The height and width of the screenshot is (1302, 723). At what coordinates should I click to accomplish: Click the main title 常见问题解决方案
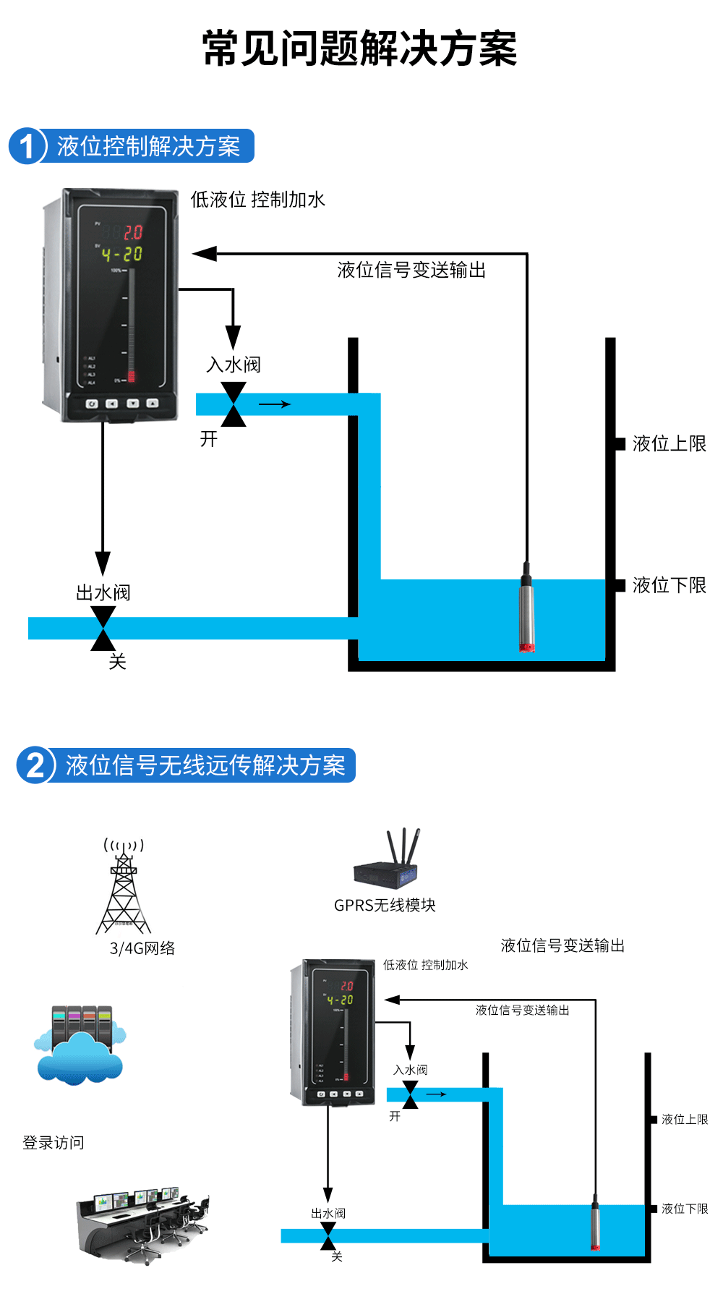coord(359,49)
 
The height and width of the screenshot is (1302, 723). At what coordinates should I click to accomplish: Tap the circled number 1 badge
coord(27,146)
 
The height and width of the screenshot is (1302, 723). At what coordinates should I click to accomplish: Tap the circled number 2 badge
coord(35,765)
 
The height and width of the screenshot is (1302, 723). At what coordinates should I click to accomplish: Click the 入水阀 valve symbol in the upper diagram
coord(233,404)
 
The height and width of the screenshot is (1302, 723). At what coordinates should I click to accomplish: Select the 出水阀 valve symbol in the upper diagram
coord(103,629)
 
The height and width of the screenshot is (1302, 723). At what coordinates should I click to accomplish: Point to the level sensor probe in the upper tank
coord(527,608)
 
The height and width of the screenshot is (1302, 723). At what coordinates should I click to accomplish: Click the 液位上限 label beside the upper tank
coord(669,443)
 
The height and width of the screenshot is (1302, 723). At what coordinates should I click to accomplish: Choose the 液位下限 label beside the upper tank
coord(669,585)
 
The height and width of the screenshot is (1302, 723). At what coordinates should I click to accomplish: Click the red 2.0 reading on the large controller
coord(133,232)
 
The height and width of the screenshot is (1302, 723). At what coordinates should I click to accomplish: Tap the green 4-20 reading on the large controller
coord(122,255)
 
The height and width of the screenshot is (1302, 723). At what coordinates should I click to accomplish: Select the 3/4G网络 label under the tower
coord(142,948)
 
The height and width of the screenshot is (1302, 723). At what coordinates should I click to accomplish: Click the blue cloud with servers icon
coord(80,1045)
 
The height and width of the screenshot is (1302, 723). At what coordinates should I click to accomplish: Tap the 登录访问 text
coord(54,1143)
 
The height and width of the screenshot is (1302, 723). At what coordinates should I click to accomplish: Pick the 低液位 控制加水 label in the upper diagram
coord(257,200)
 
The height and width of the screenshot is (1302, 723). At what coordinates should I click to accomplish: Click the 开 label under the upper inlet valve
coord(209,439)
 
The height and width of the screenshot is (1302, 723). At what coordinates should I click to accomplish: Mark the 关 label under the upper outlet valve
coord(117,661)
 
